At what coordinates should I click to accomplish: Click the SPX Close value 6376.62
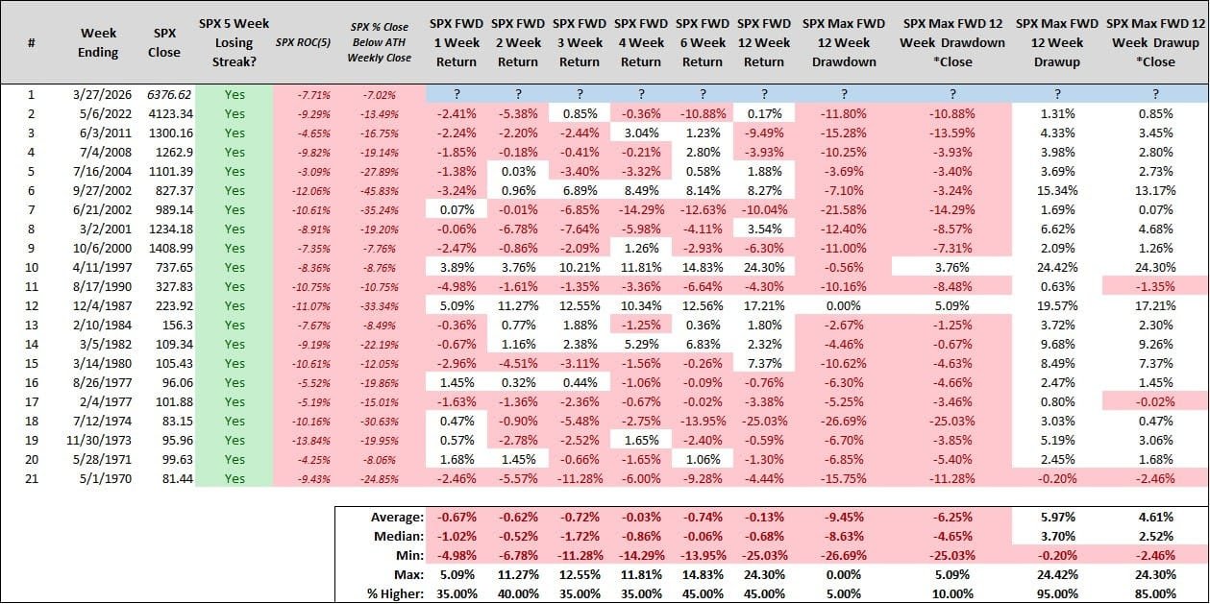click(x=165, y=95)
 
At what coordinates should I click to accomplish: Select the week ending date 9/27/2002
click(x=98, y=191)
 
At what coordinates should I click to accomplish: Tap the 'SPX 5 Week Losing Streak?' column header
click(x=235, y=42)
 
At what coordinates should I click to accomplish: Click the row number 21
click(x=32, y=478)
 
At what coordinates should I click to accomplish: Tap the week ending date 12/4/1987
click(x=98, y=305)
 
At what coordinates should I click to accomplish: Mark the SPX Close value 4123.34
click(x=165, y=114)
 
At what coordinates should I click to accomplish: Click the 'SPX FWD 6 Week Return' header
click(x=703, y=42)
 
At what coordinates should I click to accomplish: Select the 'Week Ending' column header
click(x=98, y=42)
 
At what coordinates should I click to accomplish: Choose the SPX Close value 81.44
click(x=165, y=478)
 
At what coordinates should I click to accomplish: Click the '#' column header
click(x=32, y=42)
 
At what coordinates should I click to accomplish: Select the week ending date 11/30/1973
click(x=98, y=440)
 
